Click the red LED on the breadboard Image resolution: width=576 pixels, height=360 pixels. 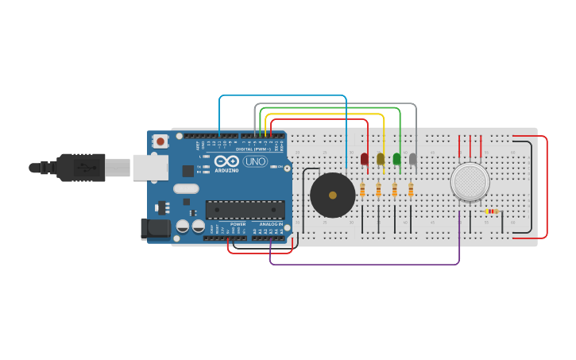[x=365, y=159]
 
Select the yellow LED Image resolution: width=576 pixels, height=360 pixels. [x=381, y=159]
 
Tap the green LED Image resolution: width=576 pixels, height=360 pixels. [x=396, y=159]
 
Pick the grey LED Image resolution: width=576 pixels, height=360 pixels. [x=412, y=159]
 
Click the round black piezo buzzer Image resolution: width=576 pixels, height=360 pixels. [x=332, y=195]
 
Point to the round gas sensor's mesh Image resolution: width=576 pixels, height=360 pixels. [x=470, y=182]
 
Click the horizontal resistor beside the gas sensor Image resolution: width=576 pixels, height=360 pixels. [x=492, y=211]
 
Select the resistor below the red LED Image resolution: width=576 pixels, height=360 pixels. [x=362, y=190]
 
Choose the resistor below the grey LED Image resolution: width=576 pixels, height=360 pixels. [x=411, y=190]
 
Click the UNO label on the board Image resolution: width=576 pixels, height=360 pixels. [x=255, y=161]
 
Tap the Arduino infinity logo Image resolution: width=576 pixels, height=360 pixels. [x=226, y=161]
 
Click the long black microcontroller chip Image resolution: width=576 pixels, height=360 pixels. [x=245, y=210]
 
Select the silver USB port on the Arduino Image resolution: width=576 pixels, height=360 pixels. [x=150, y=168]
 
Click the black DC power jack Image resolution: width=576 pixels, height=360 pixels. [x=155, y=229]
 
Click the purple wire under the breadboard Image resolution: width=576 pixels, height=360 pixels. [x=365, y=264]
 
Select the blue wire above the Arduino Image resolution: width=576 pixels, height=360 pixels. [x=283, y=96]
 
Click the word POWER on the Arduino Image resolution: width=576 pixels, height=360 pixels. [x=238, y=224]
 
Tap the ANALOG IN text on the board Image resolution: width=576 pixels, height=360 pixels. [x=271, y=224]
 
